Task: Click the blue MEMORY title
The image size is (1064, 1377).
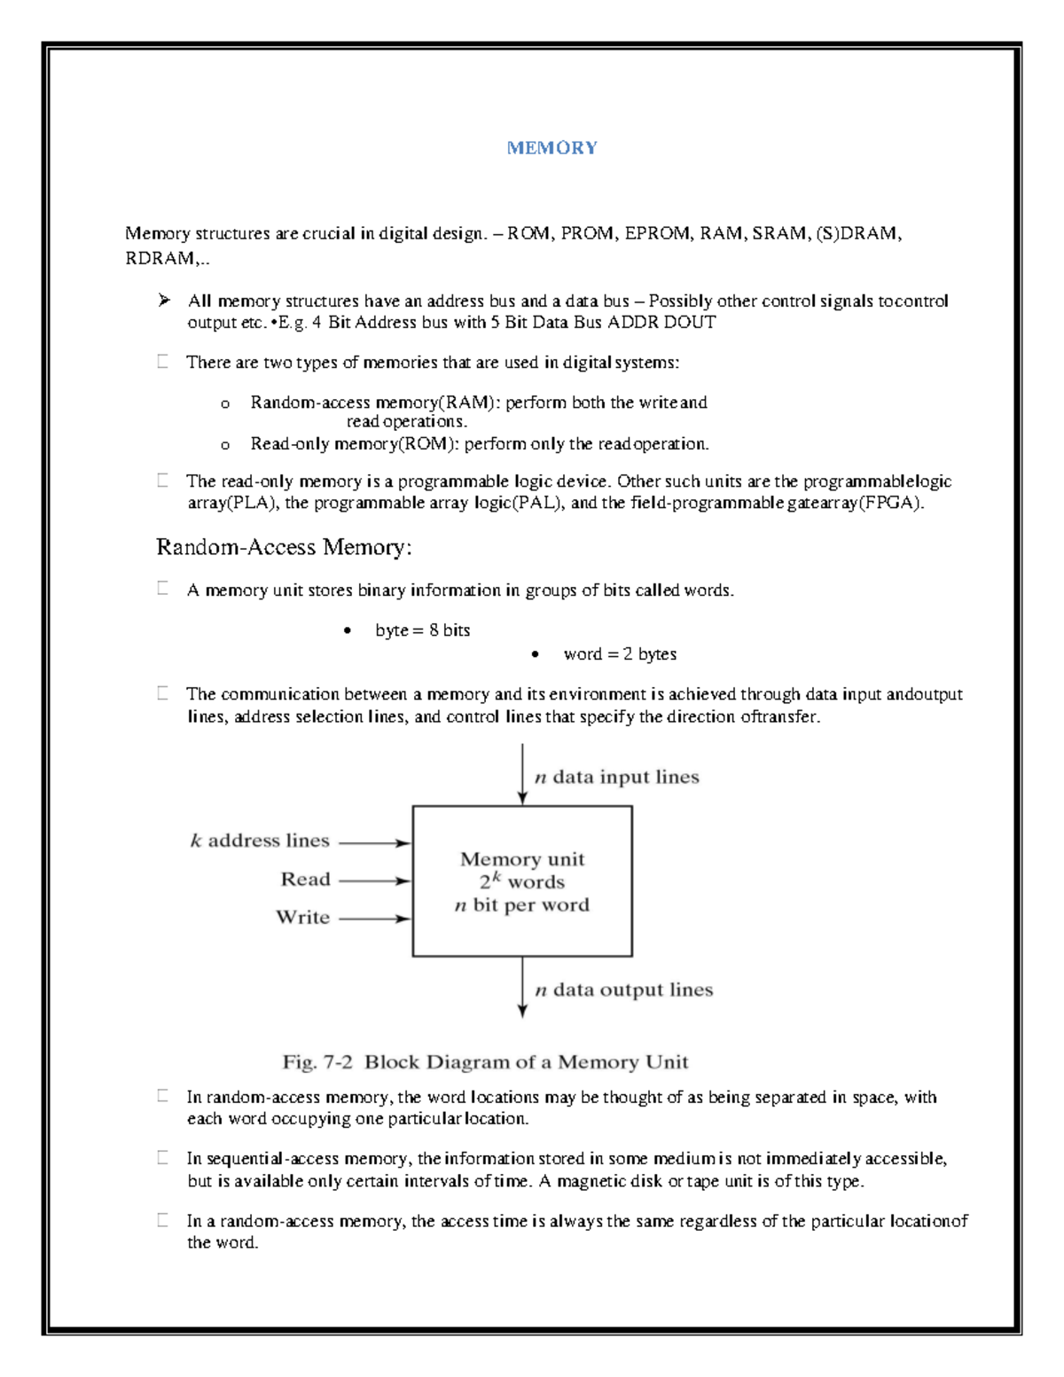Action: coord(552,148)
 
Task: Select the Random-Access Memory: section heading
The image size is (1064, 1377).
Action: coord(284,547)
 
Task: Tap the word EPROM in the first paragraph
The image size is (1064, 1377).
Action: coord(656,234)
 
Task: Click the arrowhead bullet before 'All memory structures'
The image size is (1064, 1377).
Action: coord(164,301)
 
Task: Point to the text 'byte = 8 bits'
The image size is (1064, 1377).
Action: coord(422,630)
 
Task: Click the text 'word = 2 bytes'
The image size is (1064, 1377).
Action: coord(620,654)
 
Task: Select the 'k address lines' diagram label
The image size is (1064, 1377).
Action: coord(260,841)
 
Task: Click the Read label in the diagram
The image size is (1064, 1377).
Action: coord(305,880)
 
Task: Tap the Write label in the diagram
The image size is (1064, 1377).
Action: coord(302,918)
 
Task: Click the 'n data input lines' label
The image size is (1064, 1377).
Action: coord(617,778)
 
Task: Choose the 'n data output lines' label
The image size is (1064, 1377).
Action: coord(624,990)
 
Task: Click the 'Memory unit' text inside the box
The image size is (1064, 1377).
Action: coord(522,859)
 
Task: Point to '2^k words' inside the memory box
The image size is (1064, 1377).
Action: coord(522,881)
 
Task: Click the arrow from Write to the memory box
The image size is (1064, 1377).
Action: coord(374,919)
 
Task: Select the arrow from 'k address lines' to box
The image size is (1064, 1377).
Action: coord(374,843)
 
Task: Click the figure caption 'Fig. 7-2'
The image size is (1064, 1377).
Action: coord(317,1062)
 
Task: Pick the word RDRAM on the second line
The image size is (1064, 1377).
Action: coord(160,259)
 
